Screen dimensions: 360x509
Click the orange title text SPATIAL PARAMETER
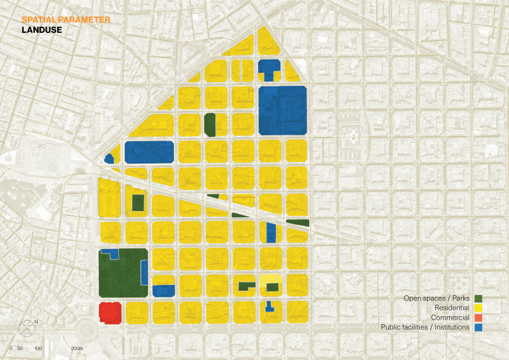coord(65,20)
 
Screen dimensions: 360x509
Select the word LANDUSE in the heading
coord(41,30)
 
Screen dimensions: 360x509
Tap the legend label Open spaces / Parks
coord(436,299)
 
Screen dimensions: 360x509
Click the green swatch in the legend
coord(478,299)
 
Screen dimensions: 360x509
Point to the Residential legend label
coord(452,308)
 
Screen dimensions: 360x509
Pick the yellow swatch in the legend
coord(478,308)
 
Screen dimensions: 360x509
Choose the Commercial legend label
coord(450,318)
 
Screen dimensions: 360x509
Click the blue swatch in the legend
coord(478,327)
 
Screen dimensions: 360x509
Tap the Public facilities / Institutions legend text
coord(425,327)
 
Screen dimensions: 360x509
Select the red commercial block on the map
coord(110,312)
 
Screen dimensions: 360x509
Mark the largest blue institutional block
coord(282,110)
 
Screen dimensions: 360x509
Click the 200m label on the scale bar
coord(76,349)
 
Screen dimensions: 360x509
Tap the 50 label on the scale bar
coord(20,349)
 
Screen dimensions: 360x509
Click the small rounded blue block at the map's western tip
coord(109,159)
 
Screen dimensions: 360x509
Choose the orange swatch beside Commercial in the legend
coord(478,318)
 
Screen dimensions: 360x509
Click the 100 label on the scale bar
coord(38,349)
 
